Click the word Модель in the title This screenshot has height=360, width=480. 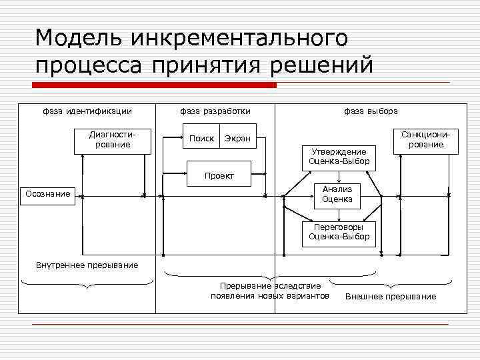click(x=79, y=38)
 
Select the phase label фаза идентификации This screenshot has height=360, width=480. click(x=87, y=111)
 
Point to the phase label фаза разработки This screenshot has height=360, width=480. click(x=215, y=111)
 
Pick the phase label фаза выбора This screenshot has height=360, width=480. click(x=371, y=111)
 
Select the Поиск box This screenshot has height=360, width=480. click(x=202, y=138)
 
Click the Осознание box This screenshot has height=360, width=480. click(x=47, y=194)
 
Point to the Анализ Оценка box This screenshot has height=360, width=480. click(x=338, y=195)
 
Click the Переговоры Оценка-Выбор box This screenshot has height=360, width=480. click(x=338, y=232)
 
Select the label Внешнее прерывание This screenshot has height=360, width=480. click(x=391, y=297)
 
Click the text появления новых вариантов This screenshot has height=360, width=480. click(x=270, y=295)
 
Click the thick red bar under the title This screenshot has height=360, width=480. click(x=154, y=85)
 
